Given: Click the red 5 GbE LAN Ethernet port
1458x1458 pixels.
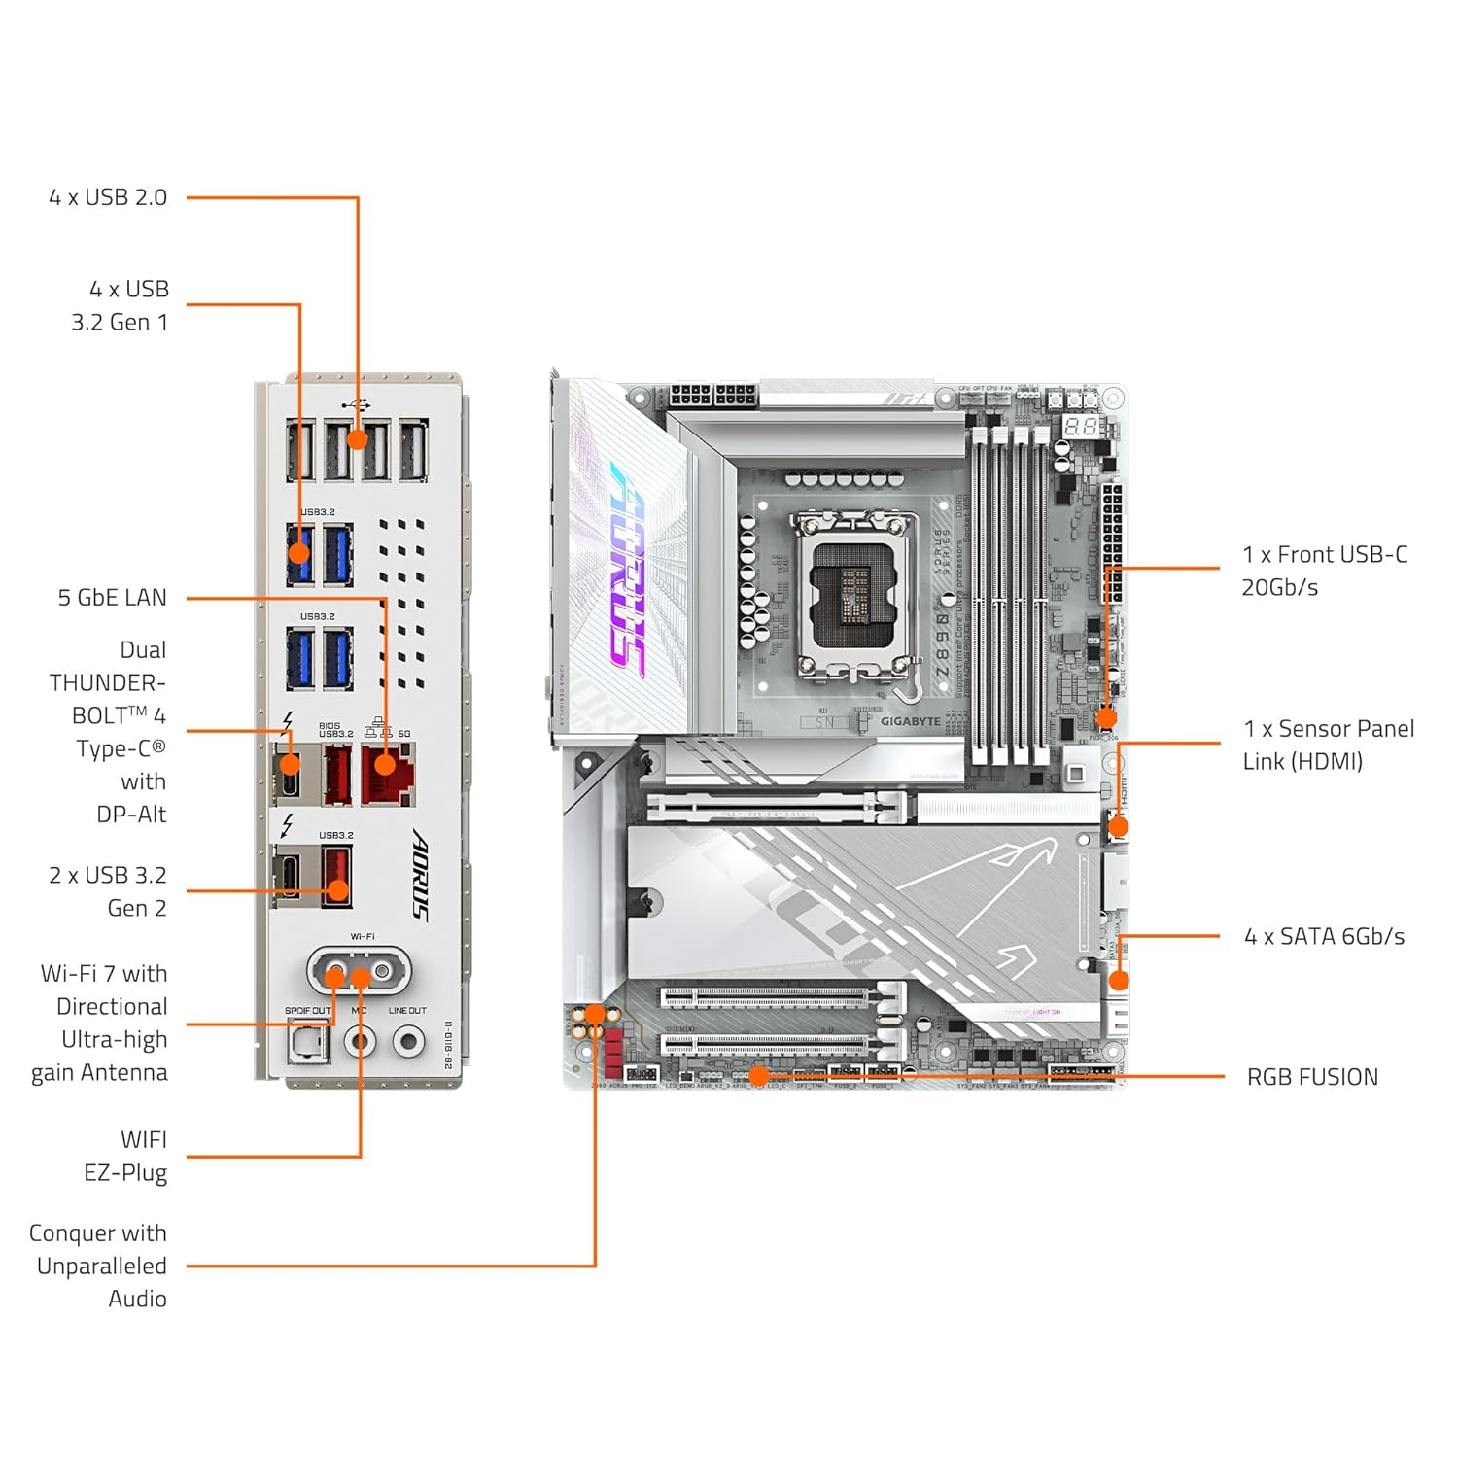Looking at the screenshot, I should [x=388, y=774].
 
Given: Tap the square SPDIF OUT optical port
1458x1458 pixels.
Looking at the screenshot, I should [x=308, y=1044].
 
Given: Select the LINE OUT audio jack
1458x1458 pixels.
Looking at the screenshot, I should [x=408, y=1043].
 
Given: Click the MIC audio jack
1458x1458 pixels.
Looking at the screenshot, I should [x=361, y=1043].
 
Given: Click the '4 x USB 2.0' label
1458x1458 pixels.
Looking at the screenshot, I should [x=108, y=197].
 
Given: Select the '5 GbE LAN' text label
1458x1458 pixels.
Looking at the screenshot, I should [x=112, y=598].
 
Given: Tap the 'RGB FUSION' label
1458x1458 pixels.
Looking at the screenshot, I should [x=1312, y=1077].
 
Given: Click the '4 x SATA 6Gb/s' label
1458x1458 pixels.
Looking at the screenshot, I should [x=1324, y=937].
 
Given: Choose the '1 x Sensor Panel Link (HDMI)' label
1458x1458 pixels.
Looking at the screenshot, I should [x=1328, y=746].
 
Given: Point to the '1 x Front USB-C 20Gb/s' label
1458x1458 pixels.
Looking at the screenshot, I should [x=1324, y=571].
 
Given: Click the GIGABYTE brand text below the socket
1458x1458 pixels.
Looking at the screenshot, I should [x=910, y=721].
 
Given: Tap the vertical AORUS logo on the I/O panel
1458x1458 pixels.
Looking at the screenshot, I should [x=420, y=874].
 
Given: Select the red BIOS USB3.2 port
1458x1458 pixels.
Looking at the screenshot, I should [x=336, y=775].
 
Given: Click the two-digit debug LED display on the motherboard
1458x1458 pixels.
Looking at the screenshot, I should [x=1080, y=427].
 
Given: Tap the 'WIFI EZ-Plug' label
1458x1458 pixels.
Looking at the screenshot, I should [x=125, y=1156].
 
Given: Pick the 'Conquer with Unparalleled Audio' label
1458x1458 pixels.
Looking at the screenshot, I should [x=98, y=1266].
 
